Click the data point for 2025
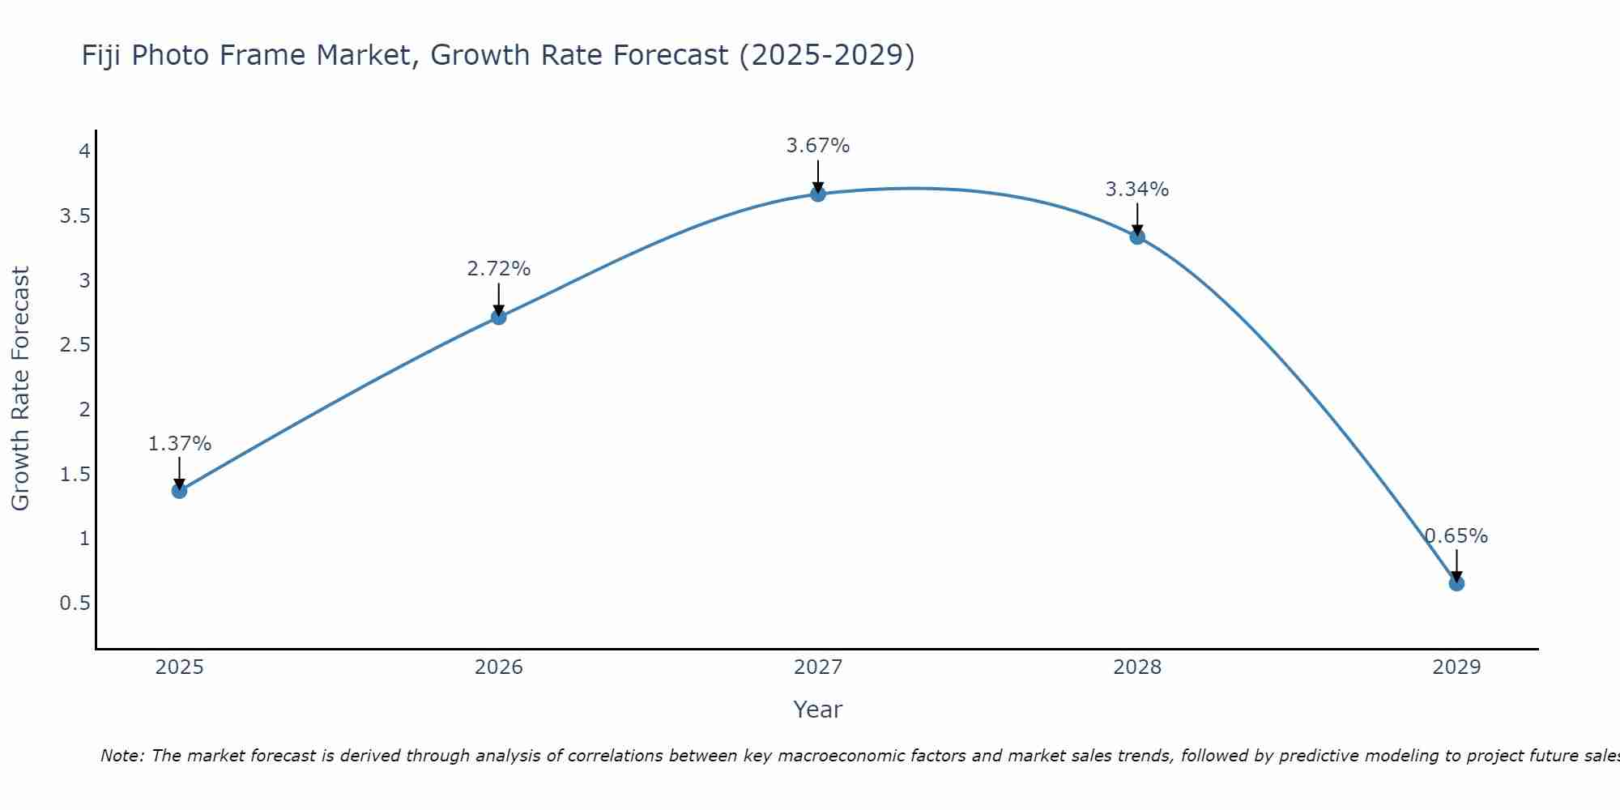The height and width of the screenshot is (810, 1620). (180, 490)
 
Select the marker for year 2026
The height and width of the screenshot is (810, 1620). (499, 317)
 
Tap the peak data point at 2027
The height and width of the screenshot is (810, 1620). (818, 194)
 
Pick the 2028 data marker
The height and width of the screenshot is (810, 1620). (1137, 237)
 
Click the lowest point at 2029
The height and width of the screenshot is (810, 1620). (1456, 583)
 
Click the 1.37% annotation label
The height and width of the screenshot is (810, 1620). (180, 444)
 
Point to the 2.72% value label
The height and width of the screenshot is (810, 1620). (499, 269)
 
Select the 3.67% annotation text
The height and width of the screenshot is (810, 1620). (818, 146)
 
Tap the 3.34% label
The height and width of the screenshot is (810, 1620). (1137, 190)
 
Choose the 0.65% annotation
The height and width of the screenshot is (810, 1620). (1456, 536)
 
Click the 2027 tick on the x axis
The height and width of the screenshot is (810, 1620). (818, 667)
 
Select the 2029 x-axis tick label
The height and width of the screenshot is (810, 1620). (1456, 667)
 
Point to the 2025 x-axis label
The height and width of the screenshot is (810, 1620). (180, 667)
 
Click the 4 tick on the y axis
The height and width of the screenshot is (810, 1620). (83, 151)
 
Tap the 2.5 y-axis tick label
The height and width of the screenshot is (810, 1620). (75, 345)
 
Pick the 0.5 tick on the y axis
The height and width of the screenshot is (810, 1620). (75, 603)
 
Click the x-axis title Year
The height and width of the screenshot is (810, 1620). (818, 710)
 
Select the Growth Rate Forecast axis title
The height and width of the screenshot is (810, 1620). (20, 388)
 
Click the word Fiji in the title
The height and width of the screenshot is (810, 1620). (102, 55)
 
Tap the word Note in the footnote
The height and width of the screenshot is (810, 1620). (122, 756)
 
